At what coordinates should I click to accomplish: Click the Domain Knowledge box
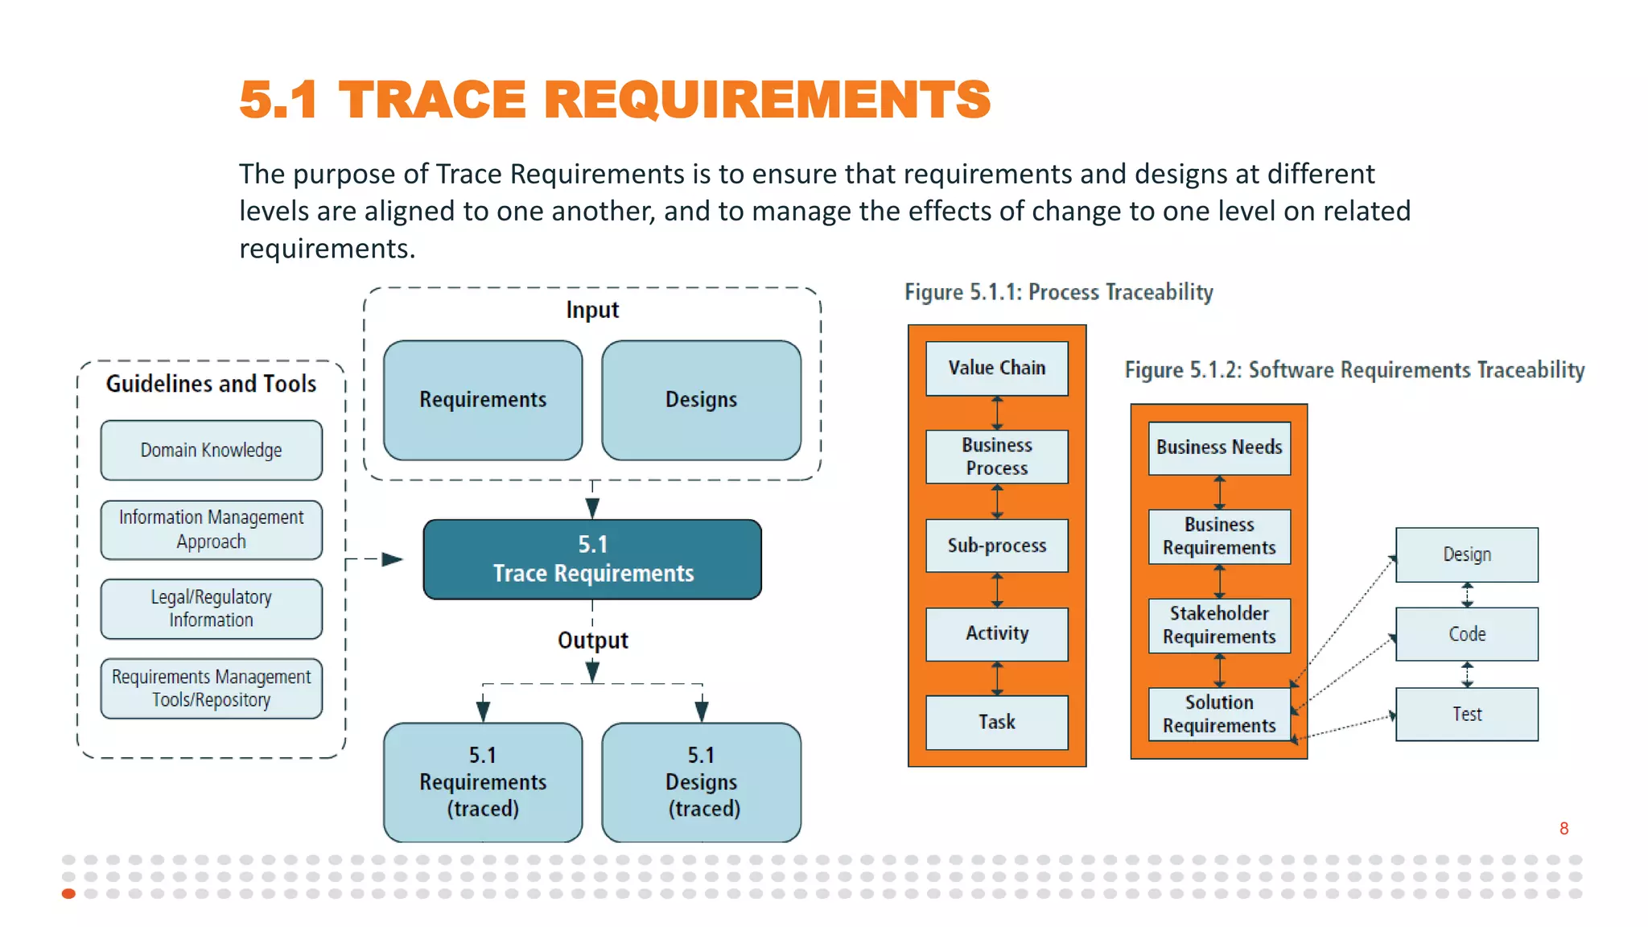211,450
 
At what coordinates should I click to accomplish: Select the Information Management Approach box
211,529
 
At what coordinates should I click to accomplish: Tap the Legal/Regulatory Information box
211,608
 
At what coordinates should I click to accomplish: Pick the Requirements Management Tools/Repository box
211,688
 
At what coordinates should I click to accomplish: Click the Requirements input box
483,400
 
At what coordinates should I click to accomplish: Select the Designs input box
701,400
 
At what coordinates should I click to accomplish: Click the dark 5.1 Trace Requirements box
592,559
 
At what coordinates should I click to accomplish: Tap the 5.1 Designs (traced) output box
701,781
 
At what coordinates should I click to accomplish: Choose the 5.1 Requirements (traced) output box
483,781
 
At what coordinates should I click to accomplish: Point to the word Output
592,641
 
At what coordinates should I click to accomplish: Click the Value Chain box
996,368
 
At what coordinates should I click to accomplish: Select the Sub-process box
996,546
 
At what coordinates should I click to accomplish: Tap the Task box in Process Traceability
996,722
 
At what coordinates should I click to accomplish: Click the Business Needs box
1219,447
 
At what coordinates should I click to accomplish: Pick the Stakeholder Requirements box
1219,625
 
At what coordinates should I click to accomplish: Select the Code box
1466,634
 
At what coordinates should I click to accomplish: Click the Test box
1466,714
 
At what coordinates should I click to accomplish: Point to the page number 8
1564,829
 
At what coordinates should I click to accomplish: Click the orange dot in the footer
68,893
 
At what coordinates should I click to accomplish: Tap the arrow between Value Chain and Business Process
997,413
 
